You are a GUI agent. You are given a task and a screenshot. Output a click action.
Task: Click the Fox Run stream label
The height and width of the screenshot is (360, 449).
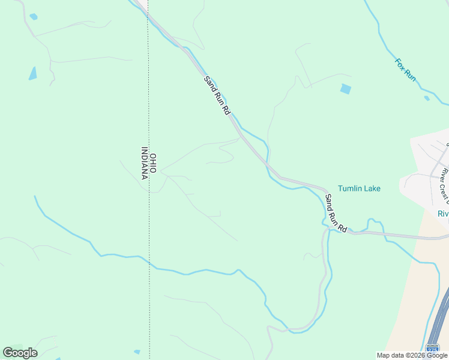click(x=405, y=70)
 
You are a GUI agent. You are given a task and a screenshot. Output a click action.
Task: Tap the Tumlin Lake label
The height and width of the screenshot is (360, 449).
click(x=359, y=188)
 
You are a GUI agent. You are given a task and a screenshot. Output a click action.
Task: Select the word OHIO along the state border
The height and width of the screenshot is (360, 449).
click(x=153, y=163)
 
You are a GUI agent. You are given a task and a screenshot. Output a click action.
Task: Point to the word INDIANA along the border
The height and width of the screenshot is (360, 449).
click(x=144, y=163)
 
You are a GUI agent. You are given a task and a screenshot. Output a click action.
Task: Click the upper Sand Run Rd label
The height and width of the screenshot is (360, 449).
click(x=217, y=96)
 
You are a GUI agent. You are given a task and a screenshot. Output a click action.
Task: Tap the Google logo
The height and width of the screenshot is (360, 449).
click(x=20, y=352)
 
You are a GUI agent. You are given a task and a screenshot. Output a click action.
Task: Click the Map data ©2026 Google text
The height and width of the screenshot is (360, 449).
click(x=413, y=355)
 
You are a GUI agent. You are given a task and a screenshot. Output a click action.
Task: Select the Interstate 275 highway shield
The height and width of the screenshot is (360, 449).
click(x=432, y=349)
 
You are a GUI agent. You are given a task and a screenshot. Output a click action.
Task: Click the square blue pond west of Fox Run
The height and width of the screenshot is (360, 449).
click(x=345, y=89)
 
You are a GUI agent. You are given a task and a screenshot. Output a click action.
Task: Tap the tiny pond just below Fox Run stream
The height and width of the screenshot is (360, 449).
click(x=426, y=98)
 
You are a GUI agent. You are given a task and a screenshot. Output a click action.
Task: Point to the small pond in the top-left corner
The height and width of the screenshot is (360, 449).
click(x=33, y=17)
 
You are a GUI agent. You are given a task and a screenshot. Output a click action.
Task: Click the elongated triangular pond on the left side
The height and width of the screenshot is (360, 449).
click(x=32, y=74)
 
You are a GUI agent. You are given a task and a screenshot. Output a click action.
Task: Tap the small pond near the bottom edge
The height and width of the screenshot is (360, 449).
click(x=137, y=352)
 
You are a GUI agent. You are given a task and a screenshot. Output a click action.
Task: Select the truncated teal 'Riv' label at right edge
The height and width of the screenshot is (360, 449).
click(x=443, y=214)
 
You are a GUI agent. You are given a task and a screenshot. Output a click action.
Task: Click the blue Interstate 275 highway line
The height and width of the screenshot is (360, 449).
click(x=440, y=318)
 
